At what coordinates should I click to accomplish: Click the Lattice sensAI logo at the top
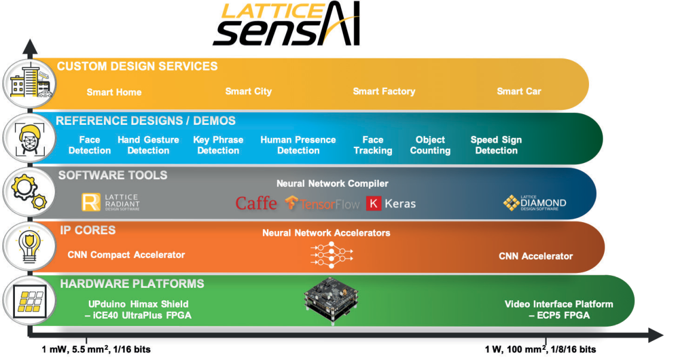(286, 24)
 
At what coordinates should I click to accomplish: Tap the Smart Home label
(114, 92)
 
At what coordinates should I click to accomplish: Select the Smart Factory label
(384, 91)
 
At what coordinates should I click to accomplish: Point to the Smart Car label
(519, 91)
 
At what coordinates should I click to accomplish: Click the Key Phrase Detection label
(219, 145)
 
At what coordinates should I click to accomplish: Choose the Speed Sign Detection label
(496, 145)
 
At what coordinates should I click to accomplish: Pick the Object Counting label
(430, 145)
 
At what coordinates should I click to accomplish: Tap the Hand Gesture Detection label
(148, 145)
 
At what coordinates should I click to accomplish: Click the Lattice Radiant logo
(111, 202)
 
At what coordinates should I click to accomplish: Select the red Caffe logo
(256, 203)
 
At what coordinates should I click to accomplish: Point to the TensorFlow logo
(322, 204)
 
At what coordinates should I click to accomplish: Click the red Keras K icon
(373, 204)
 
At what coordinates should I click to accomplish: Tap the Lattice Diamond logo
(535, 203)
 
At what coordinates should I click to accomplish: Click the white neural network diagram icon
(332, 254)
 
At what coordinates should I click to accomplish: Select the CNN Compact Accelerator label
(126, 255)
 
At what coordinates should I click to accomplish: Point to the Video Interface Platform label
(559, 309)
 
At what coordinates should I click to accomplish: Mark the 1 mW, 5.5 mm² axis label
(96, 349)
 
